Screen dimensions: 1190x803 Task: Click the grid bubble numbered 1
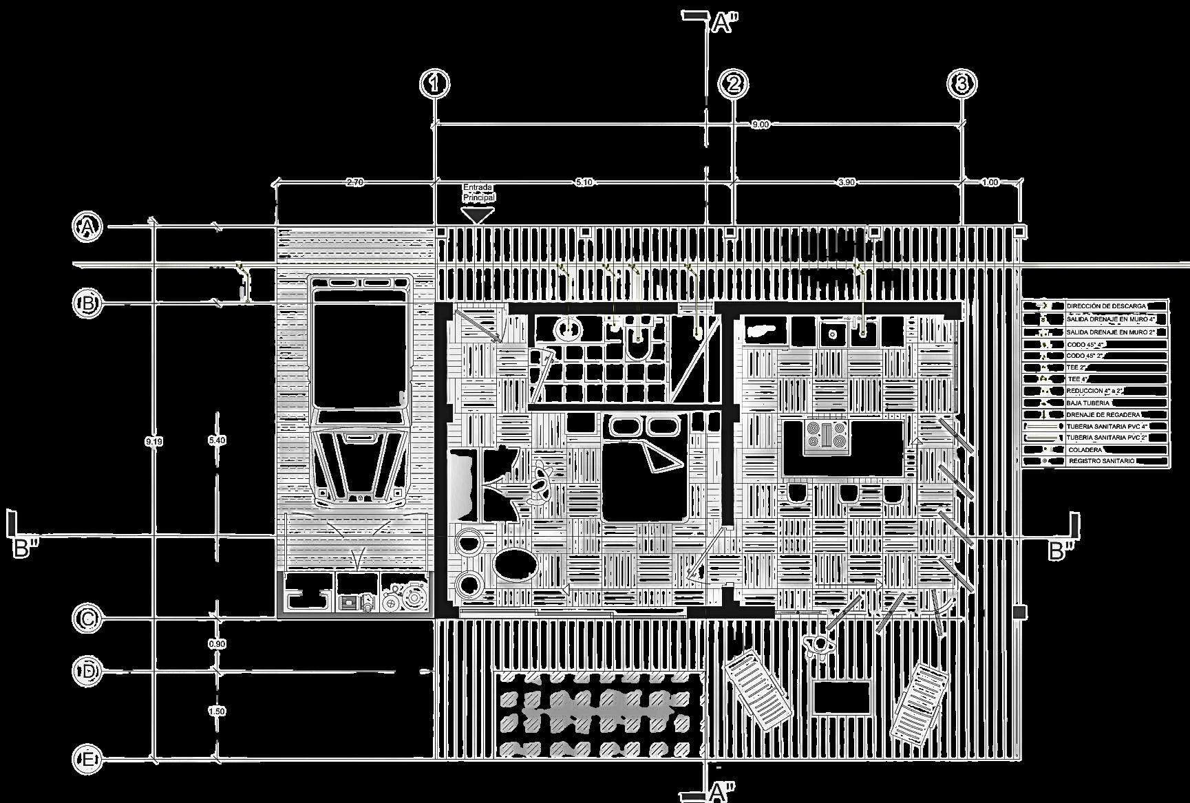tap(434, 84)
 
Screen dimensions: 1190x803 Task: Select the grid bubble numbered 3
tap(961, 84)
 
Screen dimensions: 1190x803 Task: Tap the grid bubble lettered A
tap(87, 227)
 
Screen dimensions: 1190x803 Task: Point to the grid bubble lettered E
tap(87, 759)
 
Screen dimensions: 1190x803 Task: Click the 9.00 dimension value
tap(760, 125)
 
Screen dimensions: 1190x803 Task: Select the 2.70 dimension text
tap(354, 182)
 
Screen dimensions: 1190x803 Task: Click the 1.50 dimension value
tap(216, 711)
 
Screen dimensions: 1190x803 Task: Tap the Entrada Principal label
tap(478, 192)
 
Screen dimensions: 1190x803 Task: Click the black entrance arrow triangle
tap(477, 215)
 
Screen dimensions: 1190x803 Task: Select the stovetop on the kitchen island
tap(826, 435)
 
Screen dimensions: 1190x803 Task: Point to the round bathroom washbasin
tap(569, 329)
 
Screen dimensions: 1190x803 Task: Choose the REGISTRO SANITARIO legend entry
tap(1101, 461)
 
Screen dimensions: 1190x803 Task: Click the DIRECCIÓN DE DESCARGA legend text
tap(1106, 306)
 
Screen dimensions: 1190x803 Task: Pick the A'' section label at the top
tap(723, 23)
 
